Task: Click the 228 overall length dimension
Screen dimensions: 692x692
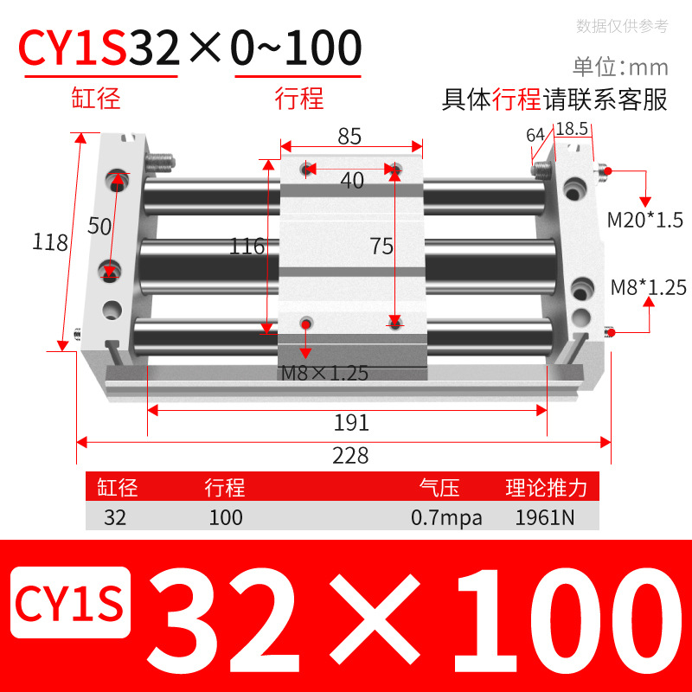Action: [350, 455]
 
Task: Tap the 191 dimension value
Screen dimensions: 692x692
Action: [351, 423]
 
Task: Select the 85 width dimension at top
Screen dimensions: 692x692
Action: [349, 136]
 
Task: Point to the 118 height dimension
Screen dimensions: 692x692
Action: [51, 243]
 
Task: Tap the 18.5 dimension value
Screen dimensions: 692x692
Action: [572, 129]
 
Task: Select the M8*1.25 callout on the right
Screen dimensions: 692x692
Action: [648, 287]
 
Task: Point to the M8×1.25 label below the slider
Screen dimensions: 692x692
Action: [325, 374]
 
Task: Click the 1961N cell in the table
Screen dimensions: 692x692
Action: [541, 518]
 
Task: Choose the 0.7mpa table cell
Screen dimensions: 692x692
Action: [446, 518]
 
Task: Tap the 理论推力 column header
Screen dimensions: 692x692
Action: [547, 488]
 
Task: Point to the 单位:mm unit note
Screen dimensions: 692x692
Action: [620, 67]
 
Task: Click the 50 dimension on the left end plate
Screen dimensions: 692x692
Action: [100, 226]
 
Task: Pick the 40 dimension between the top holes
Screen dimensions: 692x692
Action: [351, 180]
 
